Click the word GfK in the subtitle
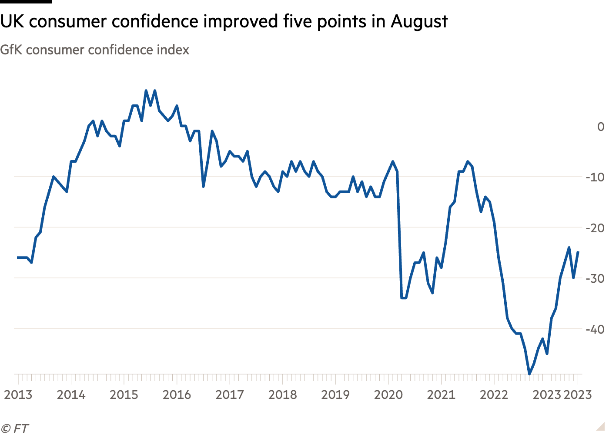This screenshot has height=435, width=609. pyautogui.click(x=11, y=50)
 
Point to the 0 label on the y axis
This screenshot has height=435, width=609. pyautogui.click(x=601, y=127)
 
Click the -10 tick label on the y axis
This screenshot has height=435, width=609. pyautogui.click(x=595, y=177)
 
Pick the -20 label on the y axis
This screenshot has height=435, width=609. pyautogui.click(x=595, y=228)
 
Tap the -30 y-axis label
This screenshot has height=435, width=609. pyautogui.click(x=595, y=278)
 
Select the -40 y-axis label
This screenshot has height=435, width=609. pyautogui.click(x=595, y=329)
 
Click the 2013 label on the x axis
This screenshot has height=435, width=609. pyautogui.click(x=18, y=395)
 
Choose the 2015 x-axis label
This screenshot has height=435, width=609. pyautogui.click(x=124, y=395)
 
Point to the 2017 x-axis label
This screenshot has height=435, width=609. pyautogui.click(x=230, y=395)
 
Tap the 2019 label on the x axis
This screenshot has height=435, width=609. pyautogui.click(x=335, y=395)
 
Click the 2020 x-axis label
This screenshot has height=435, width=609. pyautogui.click(x=388, y=395)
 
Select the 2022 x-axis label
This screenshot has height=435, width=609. pyautogui.click(x=494, y=395)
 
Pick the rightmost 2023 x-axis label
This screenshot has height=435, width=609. pyautogui.click(x=578, y=395)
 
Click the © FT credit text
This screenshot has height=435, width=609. pyautogui.click(x=15, y=428)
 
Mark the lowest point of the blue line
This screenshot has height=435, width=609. pyautogui.click(x=529, y=374)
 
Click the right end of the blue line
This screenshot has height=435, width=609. pyautogui.click(x=578, y=252)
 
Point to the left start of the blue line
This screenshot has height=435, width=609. pyautogui.click(x=18, y=258)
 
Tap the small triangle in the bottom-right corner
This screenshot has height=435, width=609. pyautogui.click(x=600, y=426)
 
